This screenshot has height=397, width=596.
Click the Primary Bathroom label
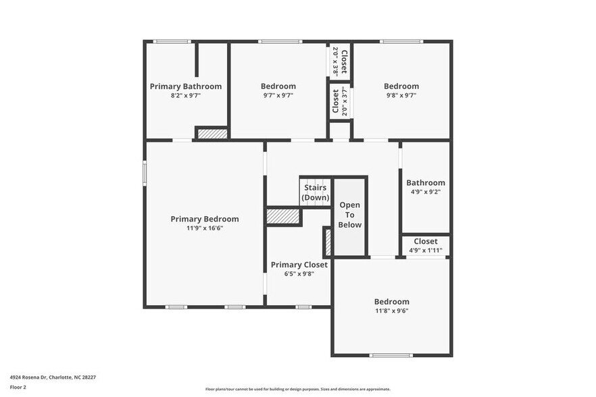(185, 86)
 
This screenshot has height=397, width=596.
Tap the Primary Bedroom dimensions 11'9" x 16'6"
(205, 228)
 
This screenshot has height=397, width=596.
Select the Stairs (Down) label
(316, 192)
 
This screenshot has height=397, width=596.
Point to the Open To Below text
(350, 215)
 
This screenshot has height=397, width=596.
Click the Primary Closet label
(299, 265)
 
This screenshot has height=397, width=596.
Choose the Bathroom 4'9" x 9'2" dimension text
(425, 192)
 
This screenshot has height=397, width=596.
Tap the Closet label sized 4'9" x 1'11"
(426, 241)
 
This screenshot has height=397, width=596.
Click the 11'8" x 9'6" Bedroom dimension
(392, 311)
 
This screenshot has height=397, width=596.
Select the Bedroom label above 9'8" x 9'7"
(401, 86)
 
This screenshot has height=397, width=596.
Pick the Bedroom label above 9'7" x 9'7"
(278, 86)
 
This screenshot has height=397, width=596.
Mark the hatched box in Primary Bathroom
(212, 134)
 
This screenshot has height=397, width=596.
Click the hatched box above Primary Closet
(283, 217)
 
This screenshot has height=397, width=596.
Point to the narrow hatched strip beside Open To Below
(328, 242)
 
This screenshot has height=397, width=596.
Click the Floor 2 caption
(18, 387)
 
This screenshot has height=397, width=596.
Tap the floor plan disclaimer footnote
(298, 389)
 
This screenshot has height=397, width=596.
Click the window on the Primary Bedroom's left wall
(144, 171)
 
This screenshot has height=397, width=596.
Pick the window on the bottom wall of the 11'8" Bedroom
(391, 355)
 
